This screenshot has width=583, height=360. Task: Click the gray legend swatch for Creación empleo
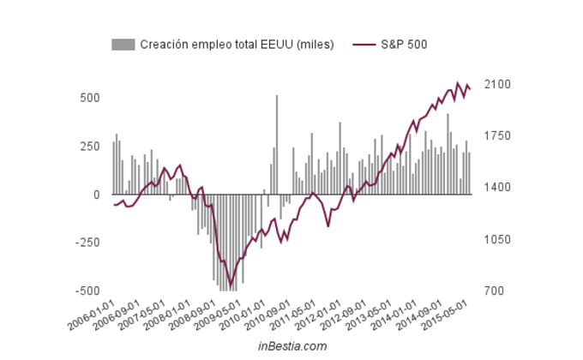pos(123,44)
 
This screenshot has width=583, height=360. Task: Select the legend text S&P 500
pos(405,44)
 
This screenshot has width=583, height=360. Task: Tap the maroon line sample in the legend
pos(364,44)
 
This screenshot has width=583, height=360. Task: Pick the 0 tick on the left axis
pos(97,195)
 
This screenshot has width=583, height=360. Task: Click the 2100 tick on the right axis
pos(498,84)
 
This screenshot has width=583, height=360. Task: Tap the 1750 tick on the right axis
pos(498,136)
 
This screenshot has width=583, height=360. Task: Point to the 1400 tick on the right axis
pos(498,188)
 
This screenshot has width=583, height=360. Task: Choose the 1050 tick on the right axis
pos(498,239)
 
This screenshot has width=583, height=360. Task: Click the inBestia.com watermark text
pos(292,346)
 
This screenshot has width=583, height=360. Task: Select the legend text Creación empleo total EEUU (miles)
pos(237,44)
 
